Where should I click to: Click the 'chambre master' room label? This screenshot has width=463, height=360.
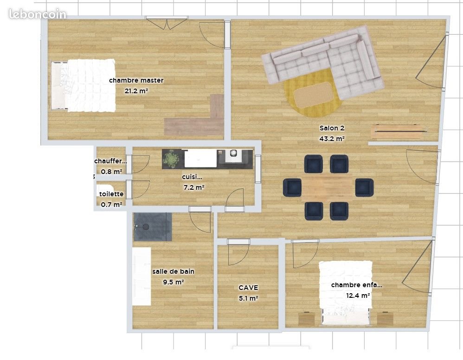(136, 80)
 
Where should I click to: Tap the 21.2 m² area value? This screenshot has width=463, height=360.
(136, 91)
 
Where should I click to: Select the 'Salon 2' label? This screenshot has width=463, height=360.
(332, 128)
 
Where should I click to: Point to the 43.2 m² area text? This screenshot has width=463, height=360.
(332, 138)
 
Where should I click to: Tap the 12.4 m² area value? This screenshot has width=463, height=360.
(358, 295)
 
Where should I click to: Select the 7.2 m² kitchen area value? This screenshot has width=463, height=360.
(194, 187)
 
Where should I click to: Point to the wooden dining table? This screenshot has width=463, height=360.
(328, 186)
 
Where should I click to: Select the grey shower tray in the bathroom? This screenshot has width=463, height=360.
(153, 226)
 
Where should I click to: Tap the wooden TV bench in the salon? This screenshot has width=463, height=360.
(399, 132)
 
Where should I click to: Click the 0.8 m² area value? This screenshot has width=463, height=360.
(111, 172)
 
